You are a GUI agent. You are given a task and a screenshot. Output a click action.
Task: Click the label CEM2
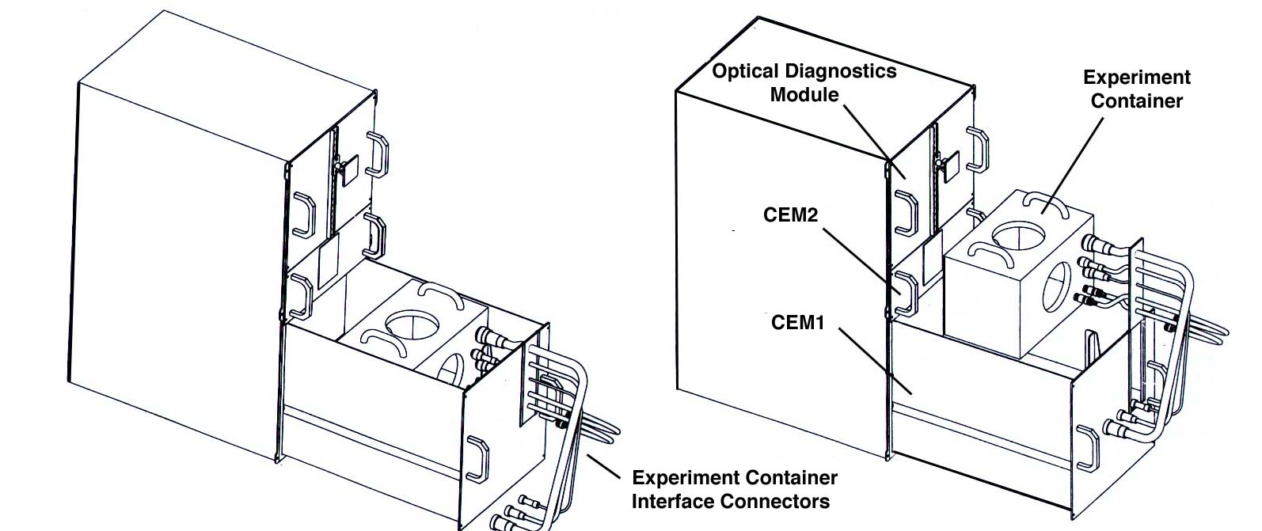point(790,215)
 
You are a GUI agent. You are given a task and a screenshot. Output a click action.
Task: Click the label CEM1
point(797,323)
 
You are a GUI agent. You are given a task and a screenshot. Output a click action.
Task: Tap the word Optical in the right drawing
point(747,71)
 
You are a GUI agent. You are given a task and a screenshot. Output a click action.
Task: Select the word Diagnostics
point(841,71)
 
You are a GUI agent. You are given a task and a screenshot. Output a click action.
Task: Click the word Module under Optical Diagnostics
point(804,95)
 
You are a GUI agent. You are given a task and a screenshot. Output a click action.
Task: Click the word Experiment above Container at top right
point(1136,78)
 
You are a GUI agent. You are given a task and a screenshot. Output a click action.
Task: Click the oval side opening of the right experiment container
point(1056,286)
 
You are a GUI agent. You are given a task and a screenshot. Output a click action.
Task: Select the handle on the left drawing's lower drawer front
point(477,458)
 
